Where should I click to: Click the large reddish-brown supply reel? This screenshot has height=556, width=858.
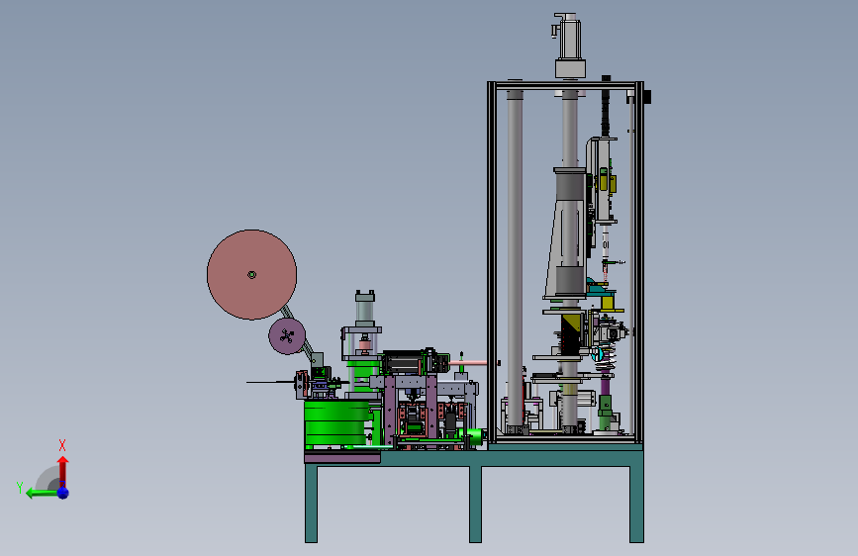[x=251, y=275]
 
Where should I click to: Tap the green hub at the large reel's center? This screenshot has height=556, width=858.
[x=251, y=275]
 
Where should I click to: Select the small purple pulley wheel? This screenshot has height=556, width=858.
[x=287, y=336]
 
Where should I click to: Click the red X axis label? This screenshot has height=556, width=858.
[x=62, y=445]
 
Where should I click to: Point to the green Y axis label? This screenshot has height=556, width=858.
[x=20, y=487]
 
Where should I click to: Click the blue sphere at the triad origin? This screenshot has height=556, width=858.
[x=63, y=493]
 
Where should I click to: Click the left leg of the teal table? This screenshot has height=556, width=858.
[x=312, y=504]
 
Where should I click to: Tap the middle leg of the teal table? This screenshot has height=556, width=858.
[x=475, y=504]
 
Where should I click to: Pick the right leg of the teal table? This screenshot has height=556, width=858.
[x=636, y=504]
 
